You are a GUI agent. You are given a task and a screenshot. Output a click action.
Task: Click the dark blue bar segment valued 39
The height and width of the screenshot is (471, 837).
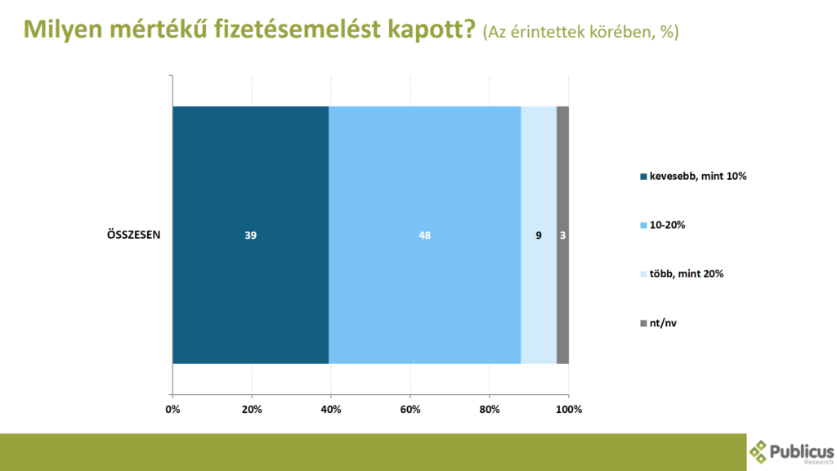[250, 235]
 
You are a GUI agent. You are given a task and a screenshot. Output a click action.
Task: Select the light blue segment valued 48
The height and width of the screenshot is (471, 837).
[425, 235]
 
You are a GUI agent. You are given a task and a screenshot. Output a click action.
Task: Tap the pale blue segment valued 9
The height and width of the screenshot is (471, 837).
[539, 235]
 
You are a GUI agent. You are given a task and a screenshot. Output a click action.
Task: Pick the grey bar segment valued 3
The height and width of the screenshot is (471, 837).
[562, 235]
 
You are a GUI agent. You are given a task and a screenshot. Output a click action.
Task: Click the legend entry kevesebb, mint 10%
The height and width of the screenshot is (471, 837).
[693, 177]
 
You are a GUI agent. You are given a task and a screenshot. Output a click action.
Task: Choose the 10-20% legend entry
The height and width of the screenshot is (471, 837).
[662, 226]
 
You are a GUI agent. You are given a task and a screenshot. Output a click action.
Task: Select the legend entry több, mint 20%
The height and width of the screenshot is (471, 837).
[682, 274]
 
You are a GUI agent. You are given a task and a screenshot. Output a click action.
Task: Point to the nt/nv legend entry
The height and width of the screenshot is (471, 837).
[658, 323]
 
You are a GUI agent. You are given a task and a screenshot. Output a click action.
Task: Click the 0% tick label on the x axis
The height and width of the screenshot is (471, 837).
[173, 410]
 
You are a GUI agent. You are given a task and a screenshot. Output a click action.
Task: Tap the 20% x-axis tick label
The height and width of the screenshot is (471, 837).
[252, 410]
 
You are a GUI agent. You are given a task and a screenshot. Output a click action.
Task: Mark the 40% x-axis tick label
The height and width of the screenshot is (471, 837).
[331, 410]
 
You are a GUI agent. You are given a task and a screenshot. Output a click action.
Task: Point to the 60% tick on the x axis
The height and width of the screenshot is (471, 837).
[410, 410]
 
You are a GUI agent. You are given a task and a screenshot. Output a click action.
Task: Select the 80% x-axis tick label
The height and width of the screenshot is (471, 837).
[490, 410]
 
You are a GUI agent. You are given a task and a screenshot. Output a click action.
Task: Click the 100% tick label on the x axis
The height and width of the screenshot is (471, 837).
[569, 410]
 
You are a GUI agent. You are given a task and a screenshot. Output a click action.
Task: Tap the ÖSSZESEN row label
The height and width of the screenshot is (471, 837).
[133, 235]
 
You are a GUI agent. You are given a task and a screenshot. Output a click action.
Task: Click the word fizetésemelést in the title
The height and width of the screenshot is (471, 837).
[298, 29]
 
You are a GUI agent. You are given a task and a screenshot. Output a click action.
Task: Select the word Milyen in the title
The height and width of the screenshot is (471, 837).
[63, 30]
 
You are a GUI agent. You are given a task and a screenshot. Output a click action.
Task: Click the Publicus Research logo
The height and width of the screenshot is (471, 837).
[791, 452]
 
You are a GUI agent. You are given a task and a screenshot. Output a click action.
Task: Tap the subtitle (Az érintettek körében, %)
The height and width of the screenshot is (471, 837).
[581, 32]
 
